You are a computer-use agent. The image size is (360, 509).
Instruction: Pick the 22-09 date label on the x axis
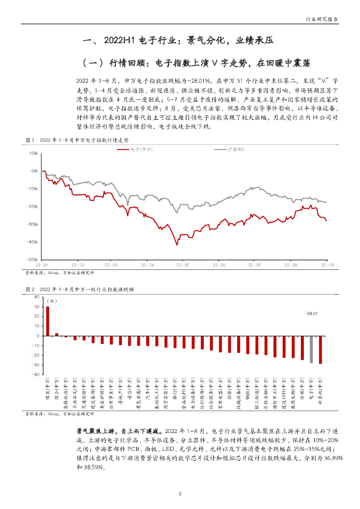click(x=327, y=265)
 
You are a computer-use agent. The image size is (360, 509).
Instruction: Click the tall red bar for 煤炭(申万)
click(x=48, y=321)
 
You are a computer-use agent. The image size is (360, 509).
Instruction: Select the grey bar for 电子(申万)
click(x=312, y=349)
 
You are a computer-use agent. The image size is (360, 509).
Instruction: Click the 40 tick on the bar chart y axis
click(x=36, y=297)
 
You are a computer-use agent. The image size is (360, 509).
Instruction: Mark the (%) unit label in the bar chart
click(x=51, y=301)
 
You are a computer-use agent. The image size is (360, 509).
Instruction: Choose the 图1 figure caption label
click(x=29, y=141)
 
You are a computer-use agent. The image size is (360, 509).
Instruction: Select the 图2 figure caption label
click(x=29, y=289)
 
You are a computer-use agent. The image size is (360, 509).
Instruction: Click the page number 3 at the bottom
click(x=180, y=494)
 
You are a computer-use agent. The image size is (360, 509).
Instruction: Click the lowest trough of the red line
click(x=177, y=245)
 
